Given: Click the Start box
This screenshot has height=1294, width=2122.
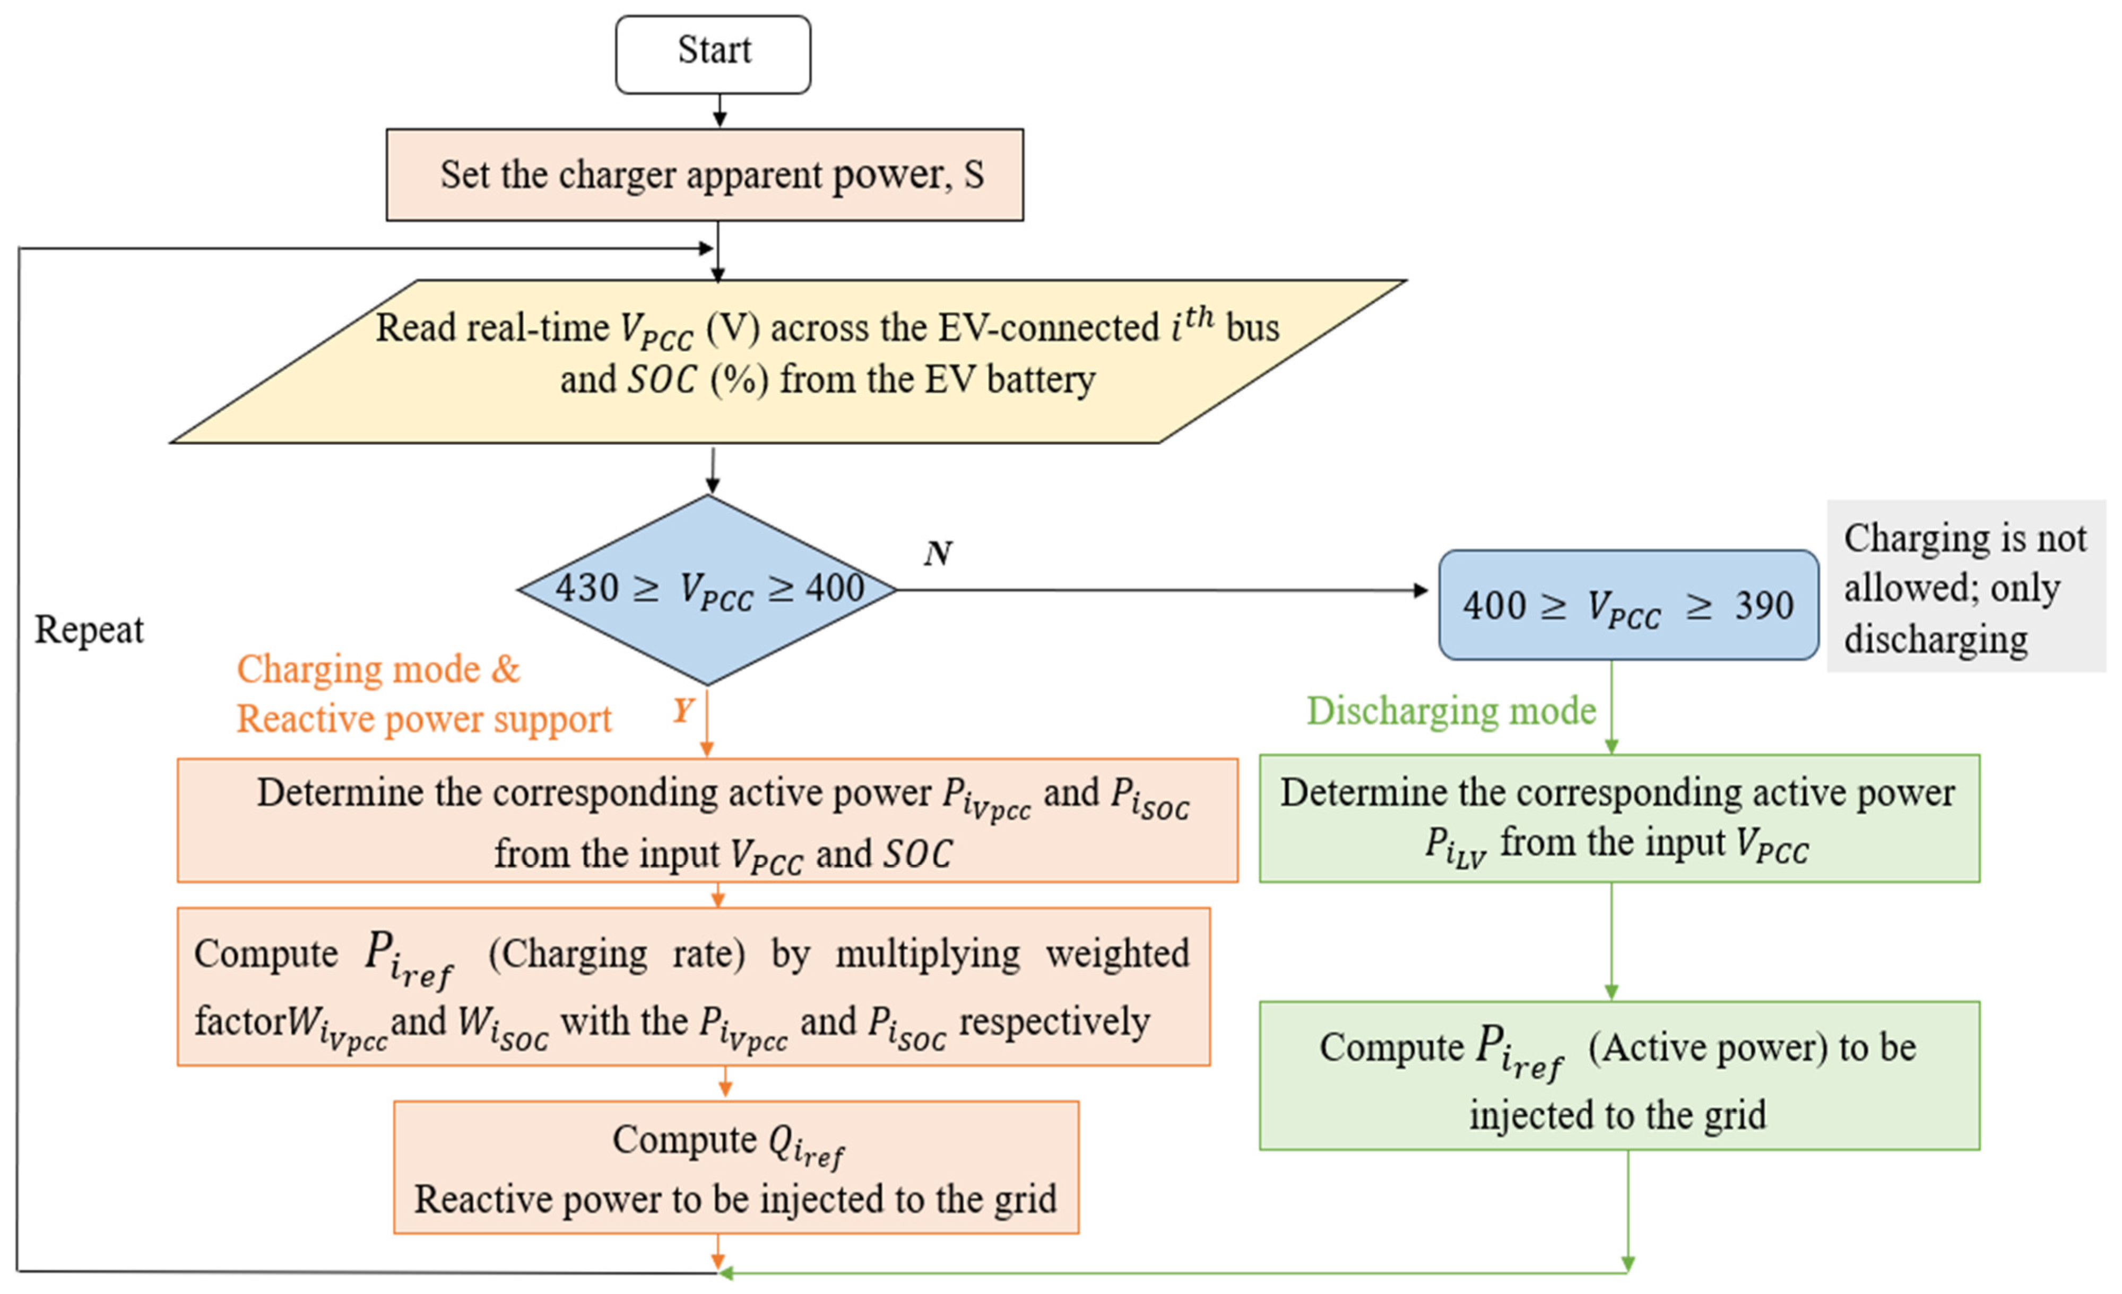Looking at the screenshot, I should coord(713,54).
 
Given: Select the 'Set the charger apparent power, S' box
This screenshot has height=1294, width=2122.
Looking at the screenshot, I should coord(705,175).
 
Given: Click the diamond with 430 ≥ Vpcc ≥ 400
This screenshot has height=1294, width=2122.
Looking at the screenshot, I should coord(708,590).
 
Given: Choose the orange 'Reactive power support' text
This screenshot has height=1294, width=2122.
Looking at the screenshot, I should coord(424,719).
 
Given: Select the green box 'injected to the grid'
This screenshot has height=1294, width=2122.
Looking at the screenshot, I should coord(1619,1076).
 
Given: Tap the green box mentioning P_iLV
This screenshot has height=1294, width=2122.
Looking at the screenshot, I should coord(1619,818).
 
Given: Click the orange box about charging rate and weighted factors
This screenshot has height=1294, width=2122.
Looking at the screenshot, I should coord(693,986).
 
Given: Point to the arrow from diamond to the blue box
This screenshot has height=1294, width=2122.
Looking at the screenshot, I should coord(1163,591).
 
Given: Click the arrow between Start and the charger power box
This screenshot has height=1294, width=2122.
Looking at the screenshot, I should coord(719,111).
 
